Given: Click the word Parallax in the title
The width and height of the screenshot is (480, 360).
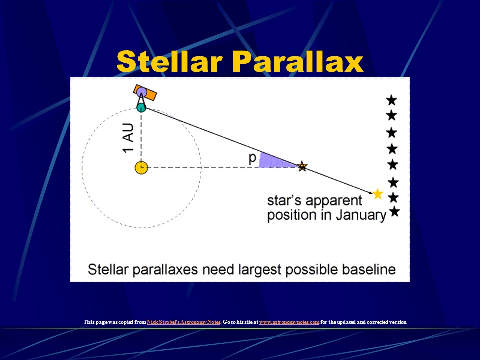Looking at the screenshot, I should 298,62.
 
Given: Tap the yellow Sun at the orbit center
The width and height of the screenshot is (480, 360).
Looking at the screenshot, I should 141,167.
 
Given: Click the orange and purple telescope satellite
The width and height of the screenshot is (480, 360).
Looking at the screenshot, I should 145,94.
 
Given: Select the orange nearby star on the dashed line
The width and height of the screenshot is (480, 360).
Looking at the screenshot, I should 302,167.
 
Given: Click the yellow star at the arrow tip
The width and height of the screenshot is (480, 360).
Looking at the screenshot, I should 378,194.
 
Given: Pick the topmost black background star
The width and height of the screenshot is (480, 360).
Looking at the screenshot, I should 391,100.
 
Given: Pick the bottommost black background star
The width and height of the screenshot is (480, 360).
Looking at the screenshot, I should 394,212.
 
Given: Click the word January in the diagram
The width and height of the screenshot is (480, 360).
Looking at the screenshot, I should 358,215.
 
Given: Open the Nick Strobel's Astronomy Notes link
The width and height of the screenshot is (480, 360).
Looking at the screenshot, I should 183,322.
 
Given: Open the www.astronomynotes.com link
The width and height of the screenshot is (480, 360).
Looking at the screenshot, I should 289,322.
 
